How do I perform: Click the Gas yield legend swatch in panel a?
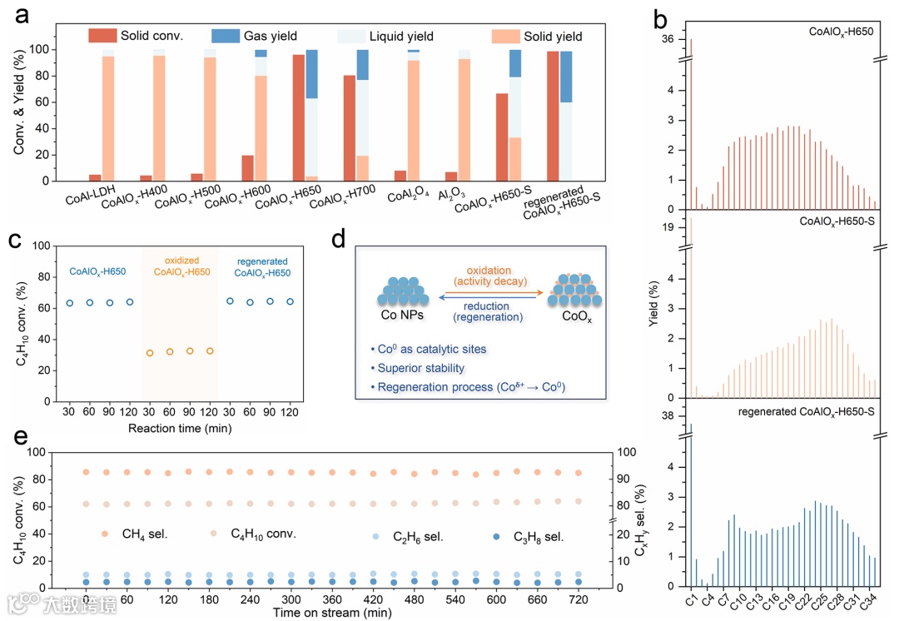[226, 36]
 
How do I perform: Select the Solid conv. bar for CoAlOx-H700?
[350, 128]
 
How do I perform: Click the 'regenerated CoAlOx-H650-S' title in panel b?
[805, 411]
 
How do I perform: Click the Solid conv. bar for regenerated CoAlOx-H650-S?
[553, 116]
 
